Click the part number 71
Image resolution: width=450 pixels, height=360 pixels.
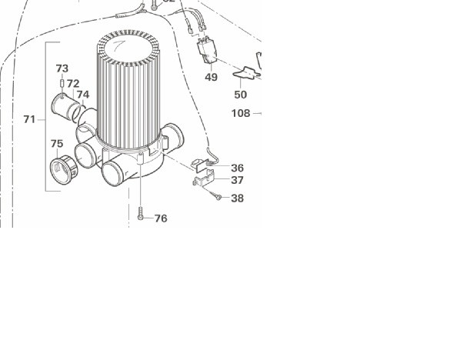click(29, 119)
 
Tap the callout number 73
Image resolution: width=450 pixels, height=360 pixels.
click(62, 68)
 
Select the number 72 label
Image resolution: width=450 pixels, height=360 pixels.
click(73, 84)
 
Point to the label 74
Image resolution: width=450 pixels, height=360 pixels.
click(83, 95)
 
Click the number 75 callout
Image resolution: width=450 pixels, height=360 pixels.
click(57, 144)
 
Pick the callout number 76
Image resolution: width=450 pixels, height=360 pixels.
click(161, 218)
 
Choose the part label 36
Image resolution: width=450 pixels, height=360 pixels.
click(238, 168)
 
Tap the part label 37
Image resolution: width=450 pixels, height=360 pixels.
click(238, 180)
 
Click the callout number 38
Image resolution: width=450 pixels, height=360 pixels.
click(238, 198)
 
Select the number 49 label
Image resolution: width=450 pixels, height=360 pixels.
click(212, 77)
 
